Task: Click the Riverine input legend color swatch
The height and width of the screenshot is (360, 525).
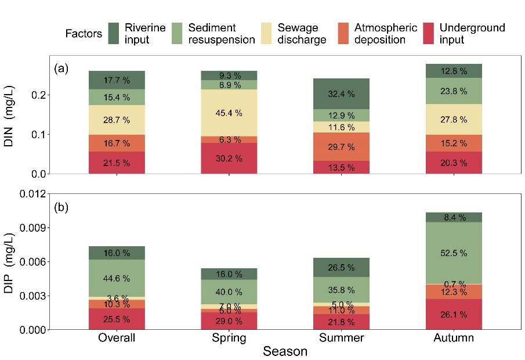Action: point(114,33)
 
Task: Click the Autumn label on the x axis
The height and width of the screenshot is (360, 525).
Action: point(454,338)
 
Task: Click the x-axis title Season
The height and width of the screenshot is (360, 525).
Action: point(285,352)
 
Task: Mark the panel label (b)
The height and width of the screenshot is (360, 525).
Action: point(61,207)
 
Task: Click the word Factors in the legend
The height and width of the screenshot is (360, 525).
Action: point(84,34)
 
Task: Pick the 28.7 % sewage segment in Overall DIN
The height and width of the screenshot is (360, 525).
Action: point(117,120)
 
